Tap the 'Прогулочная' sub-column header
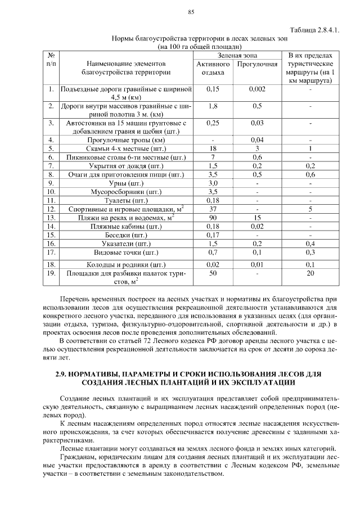click(258, 64)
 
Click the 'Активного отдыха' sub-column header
click(213, 68)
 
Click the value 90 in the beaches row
click(213, 218)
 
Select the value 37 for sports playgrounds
click(213, 209)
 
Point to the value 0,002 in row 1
click(258, 89)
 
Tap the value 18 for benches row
click(213, 148)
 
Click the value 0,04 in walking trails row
click(258, 139)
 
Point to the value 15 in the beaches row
click(258, 218)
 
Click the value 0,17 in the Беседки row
click(213, 235)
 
